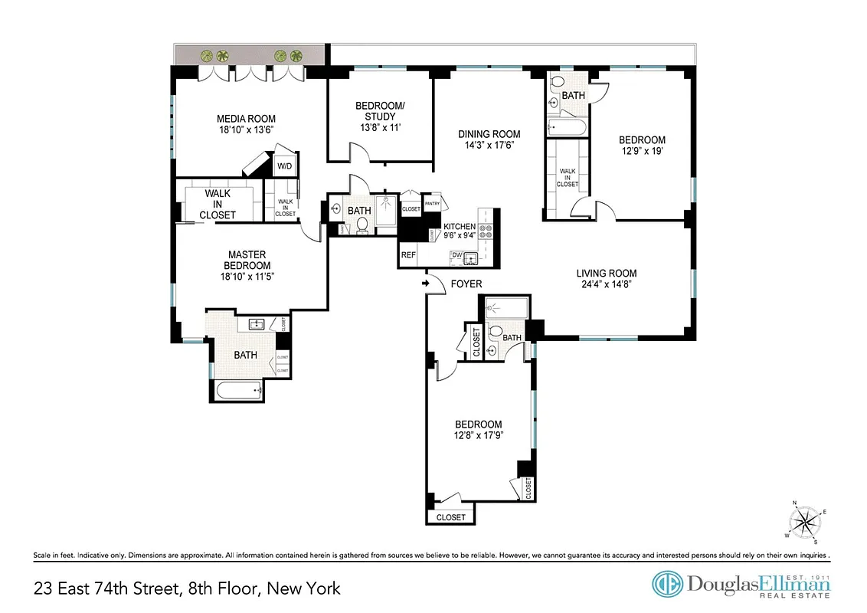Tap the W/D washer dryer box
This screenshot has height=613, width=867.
283,166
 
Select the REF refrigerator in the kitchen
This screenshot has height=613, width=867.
408,255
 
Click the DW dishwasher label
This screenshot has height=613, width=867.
456,254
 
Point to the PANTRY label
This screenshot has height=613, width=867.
432,203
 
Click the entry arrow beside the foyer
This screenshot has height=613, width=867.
425,284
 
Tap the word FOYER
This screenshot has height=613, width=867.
466,284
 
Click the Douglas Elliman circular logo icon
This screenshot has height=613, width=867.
666,584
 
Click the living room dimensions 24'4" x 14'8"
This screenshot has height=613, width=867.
607,284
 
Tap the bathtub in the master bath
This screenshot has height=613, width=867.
240,391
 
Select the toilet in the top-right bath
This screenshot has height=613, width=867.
557,82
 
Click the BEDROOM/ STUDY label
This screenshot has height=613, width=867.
380,111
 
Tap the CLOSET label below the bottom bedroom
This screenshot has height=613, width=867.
450,517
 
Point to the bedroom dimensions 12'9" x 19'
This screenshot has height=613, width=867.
642,151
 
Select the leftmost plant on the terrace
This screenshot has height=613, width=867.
205,56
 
